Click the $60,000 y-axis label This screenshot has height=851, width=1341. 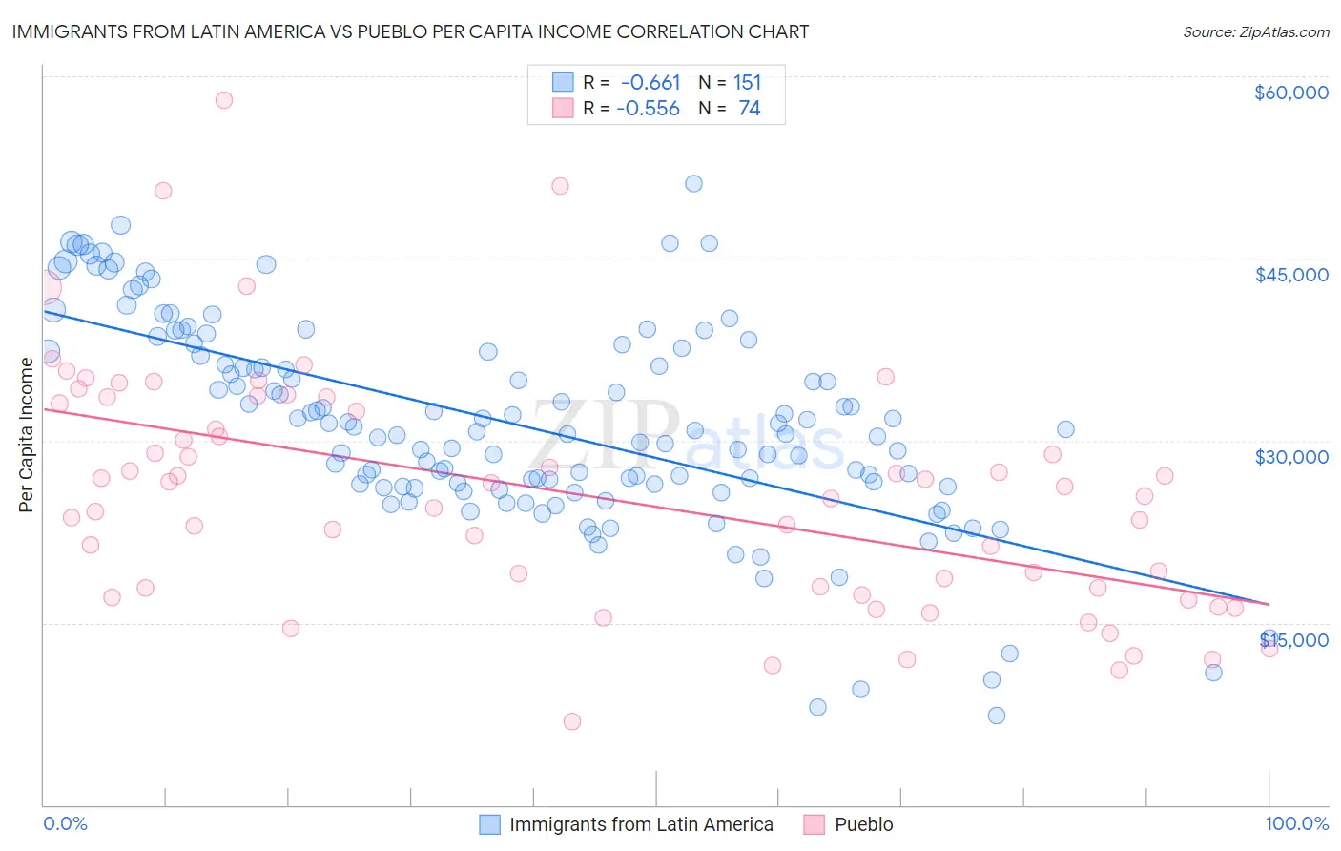tap(1290, 93)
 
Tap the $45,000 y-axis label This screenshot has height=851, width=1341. tap(1290, 275)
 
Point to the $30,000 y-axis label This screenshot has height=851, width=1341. tap(1290, 457)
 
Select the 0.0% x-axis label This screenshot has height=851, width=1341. tap(65, 824)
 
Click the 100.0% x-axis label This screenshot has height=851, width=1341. tap(1296, 824)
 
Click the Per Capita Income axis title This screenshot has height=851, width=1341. tap(26, 434)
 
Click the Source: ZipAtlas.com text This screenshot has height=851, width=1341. tap(1255, 31)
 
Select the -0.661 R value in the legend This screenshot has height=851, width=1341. tap(650, 82)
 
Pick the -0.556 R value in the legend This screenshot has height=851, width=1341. tap(648, 109)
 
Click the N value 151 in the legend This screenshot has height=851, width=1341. tap(747, 82)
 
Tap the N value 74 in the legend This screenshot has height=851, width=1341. tap(749, 109)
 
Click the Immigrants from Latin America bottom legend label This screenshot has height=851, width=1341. tap(641, 824)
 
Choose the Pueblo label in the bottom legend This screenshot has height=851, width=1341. tap(863, 824)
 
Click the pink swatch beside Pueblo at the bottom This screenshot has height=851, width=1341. tap(814, 824)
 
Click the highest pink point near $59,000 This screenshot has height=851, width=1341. tap(224, 99)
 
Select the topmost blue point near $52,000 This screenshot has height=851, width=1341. tap(693, 183)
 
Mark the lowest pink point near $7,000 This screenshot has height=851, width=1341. tap(572, 721)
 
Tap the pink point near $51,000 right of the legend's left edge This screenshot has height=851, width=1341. tap(560, 186)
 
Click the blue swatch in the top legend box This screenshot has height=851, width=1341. tap(563, 82)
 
